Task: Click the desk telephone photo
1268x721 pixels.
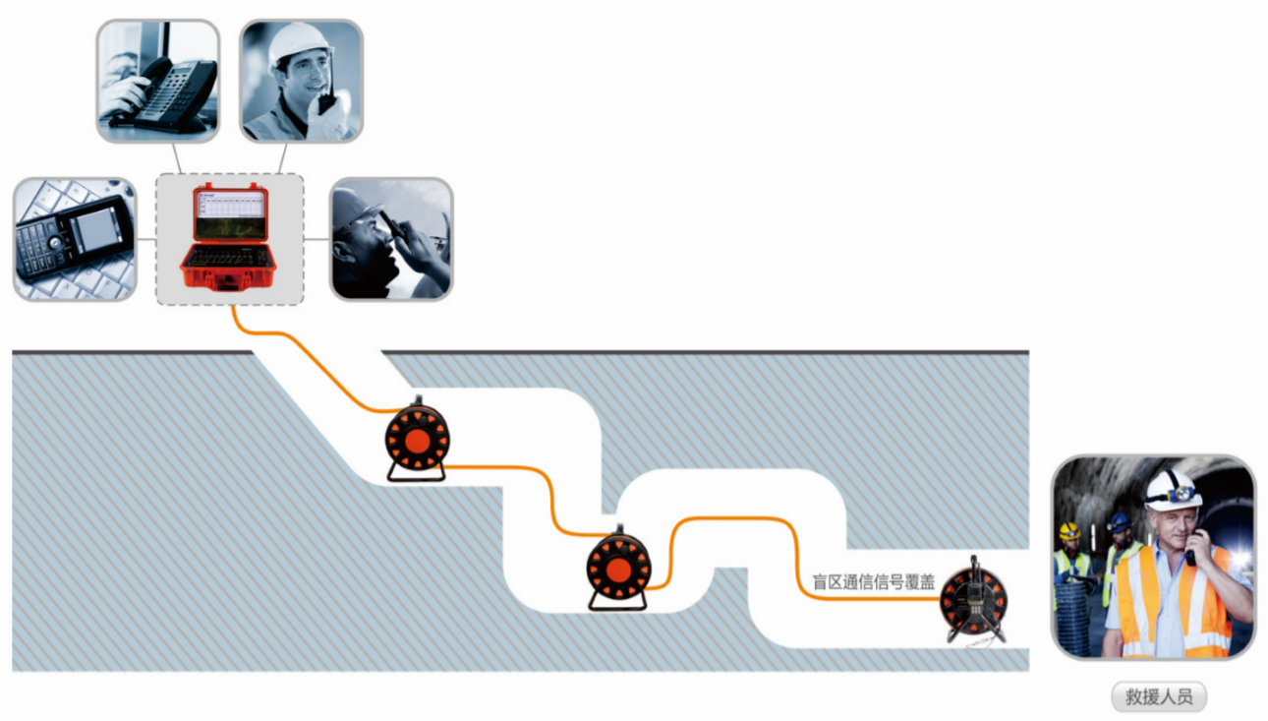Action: coord(157,81)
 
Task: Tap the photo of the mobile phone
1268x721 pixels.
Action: coord(75,239)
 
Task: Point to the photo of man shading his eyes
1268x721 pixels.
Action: coord(391,239)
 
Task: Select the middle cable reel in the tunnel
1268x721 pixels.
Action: coord(618,570)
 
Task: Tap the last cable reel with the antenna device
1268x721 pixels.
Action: coord(973,600)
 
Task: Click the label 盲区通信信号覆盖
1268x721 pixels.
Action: coord(873,582)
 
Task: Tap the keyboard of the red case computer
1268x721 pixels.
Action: coord(230,257)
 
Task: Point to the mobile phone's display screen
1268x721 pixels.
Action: coord(99,229)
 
